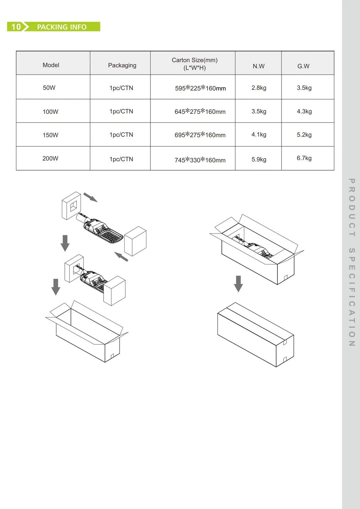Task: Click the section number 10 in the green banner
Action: pos(16,27)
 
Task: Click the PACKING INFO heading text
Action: pos(61,27)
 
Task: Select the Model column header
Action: pos(51,65)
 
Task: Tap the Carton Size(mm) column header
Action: pos(195,64)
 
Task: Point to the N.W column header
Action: pos(258,66)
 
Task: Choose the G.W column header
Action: pos(303,66)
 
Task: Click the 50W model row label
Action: pos(49,88)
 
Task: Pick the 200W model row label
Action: pos(50,159)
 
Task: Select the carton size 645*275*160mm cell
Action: pos(200,112)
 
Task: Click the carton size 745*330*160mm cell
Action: pos(200,160)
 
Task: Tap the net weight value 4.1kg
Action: pos(259,135)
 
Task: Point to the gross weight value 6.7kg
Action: pos(304,158)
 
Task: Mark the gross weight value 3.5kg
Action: pos(304,88)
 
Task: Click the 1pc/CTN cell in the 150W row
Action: pos(121,135)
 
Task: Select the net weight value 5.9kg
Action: pos(259,160)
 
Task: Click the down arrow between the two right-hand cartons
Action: pos(238,284)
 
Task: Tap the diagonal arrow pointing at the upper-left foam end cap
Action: pos(90,197)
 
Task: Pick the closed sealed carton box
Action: pos(255,334)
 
